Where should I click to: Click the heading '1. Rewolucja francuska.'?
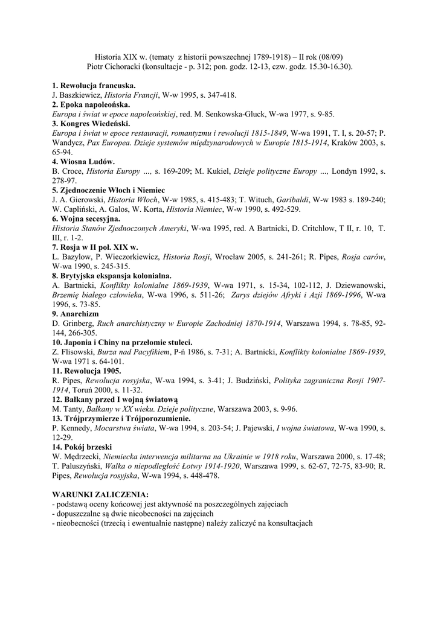[94, 86]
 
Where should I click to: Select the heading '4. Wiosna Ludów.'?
[83, 162]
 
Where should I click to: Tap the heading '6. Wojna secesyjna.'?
[86, 219]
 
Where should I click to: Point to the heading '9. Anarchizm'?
[76, 314]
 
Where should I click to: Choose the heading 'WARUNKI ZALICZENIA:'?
[100, 494]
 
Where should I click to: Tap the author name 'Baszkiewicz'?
[80, 95]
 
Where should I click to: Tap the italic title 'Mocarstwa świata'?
[125, 428]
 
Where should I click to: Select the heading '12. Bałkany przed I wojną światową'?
[115, 400]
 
